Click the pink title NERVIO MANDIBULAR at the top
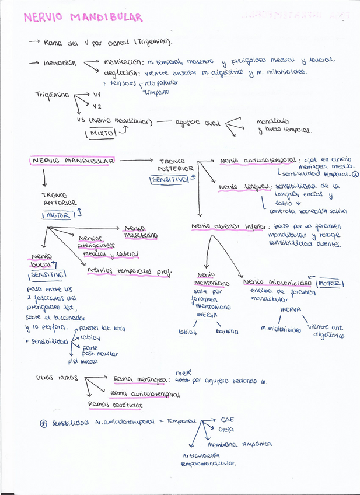(83, 18)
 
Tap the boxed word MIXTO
(103, 134)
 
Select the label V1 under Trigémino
(96, 94)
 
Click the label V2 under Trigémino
(96, 106)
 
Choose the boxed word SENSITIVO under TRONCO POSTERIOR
(169, 179)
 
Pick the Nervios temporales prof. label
(129, 270)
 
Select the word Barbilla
(226, 332)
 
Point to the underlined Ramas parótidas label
(115, 404)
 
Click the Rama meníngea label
(140, 379)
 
